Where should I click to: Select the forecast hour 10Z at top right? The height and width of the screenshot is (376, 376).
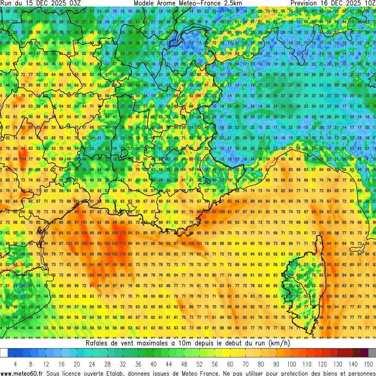click(368, 3)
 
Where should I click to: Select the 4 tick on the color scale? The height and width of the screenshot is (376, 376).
click(15, 363)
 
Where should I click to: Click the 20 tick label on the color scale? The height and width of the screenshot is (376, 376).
click(76, 363)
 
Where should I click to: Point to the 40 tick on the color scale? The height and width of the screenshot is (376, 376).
click(153, 363)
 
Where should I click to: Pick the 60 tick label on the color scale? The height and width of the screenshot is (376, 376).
click(230, 363)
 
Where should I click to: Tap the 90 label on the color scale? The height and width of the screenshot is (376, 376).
click(276, 363)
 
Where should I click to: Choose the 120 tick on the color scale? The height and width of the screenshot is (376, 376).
click(323, 363)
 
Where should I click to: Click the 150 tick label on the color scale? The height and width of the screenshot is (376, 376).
click(368, 363)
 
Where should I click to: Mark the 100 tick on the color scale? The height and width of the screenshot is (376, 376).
click(292, 363)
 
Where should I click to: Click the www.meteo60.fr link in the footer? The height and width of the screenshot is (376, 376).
click(22, 373)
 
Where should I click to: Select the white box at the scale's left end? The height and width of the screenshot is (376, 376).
click(4, 353)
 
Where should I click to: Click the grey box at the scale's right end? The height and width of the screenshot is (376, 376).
click(372, 353)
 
